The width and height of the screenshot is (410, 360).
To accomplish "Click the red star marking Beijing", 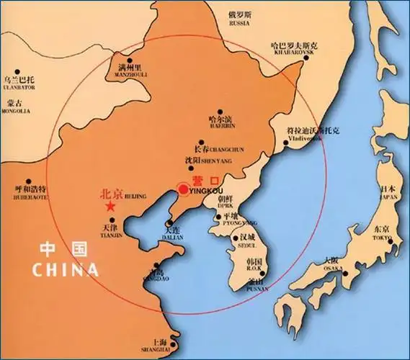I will (x=110, y=206).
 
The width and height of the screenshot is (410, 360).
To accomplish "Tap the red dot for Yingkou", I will (x=183, y=189).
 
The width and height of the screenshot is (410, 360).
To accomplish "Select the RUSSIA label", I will (x=238, y=22).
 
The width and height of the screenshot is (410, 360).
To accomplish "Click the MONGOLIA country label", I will (x=16, y=112).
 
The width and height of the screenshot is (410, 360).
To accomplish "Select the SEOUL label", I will (x=247, y=244).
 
